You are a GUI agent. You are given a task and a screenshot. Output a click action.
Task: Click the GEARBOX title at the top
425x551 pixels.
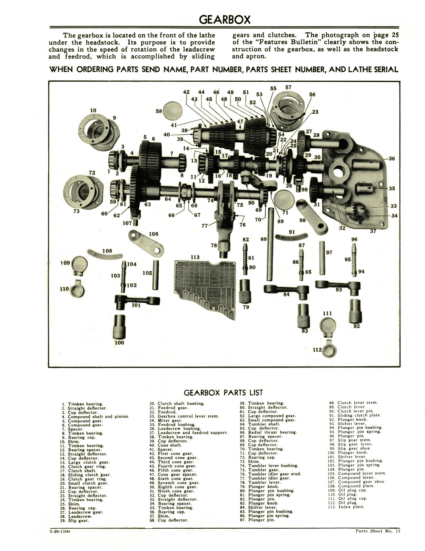coord(225,19)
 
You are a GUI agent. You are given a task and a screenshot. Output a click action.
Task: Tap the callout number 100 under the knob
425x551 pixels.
coord(119,343)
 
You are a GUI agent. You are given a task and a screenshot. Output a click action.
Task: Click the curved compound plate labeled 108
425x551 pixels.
coord(105,256)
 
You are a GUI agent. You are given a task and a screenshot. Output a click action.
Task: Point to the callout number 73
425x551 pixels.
coord(77,211)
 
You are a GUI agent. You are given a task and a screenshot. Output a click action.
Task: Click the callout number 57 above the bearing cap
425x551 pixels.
coord(288,87)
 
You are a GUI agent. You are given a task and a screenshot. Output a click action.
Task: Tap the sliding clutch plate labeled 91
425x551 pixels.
coord(291,237)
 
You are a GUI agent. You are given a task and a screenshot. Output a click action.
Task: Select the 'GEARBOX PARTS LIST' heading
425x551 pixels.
coord(223,393)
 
